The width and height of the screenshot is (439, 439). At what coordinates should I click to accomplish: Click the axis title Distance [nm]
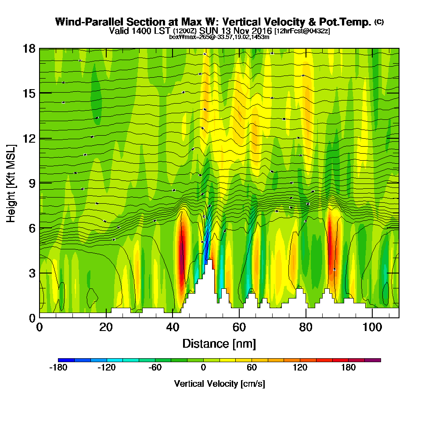pyautogui.click(x=219, y=343)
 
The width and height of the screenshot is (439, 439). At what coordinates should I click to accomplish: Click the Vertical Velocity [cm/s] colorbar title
pyautogui.click(x=219, y=384)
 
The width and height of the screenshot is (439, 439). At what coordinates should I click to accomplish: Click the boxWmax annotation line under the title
pyautogui.click(x=219, y=37)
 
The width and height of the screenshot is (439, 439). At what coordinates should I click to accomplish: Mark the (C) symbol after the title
pyautogui.click(x=379, y=22)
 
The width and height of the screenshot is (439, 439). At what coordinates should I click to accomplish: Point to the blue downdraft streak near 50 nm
pyautogui.click(x=207, y=246)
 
